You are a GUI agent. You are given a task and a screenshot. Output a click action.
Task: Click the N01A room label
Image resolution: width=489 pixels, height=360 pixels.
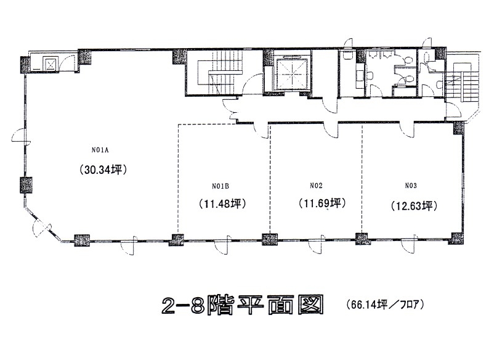pyautogui.click(x=100, y=150)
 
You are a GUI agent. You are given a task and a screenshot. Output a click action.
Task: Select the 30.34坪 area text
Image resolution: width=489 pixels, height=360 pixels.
pyautogui.click(x=103, y=170)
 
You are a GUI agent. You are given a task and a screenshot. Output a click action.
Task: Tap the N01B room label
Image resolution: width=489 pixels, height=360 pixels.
pyautogui.click(x=220, y=186)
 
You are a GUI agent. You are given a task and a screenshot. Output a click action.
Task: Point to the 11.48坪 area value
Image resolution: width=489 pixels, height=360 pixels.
pyautogui.click(x=223, y=203)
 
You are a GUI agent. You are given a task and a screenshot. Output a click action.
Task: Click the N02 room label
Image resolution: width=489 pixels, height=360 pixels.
pyautogui.click(x=316, y=186)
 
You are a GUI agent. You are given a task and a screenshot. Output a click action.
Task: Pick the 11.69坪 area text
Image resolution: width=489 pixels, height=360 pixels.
pyautogui.click(x=322, y=203)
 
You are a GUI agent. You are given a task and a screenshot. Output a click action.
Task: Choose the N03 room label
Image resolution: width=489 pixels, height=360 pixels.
pyautogui.click(x=411, y=186)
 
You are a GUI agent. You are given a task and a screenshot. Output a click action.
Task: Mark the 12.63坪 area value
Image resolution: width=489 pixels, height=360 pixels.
pyautogui.click(x=414, y=206)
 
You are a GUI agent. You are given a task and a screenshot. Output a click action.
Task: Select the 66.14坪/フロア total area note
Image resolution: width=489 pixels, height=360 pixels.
pyautogui.click(x=385, y=304)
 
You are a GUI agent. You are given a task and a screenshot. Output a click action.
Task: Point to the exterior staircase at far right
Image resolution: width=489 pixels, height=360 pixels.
pyautogui.click(x=462, y=82)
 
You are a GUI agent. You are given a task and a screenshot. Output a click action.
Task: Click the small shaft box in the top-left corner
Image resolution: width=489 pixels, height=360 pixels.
pyautogui.click(x=50, y=63)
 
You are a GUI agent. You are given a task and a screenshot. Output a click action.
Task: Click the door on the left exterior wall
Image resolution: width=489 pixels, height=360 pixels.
pyautogui.click(x=19, y=136)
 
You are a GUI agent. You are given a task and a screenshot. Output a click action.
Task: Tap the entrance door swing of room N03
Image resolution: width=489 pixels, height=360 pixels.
pyautogui.click(x=407, y=129)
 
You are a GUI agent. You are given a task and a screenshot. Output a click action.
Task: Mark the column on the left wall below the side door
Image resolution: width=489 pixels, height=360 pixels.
pyautogui.click(x=26, y=185)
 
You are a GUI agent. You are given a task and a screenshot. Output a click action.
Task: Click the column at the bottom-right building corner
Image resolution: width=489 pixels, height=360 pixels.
pyautogui.click(x=456, y=239)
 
